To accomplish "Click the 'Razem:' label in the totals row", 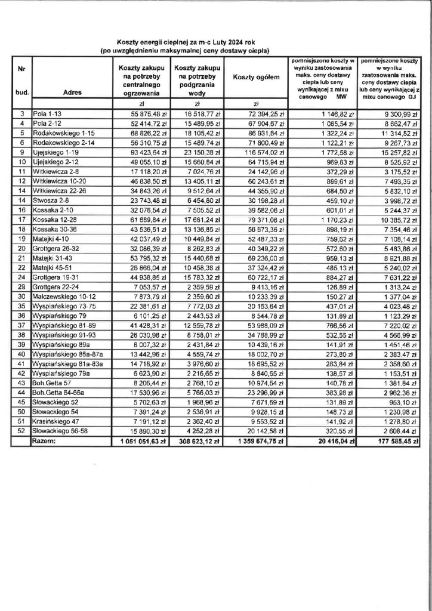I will (46, 442).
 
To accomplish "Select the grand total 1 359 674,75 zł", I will (259, 442).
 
